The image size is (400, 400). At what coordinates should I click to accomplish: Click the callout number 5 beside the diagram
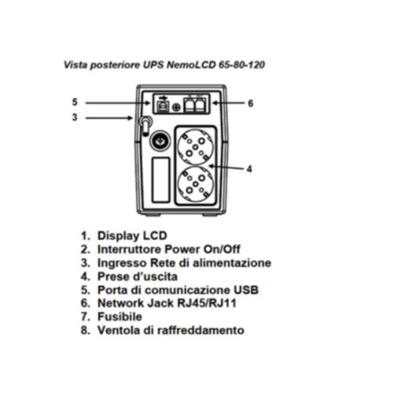(75, 102)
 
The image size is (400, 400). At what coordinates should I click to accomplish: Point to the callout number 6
(250, 103)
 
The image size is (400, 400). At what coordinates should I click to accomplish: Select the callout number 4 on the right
(249, 169)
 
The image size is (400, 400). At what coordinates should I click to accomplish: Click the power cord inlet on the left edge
(143, 125)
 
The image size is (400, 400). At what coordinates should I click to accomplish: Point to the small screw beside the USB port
(177, 107)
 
